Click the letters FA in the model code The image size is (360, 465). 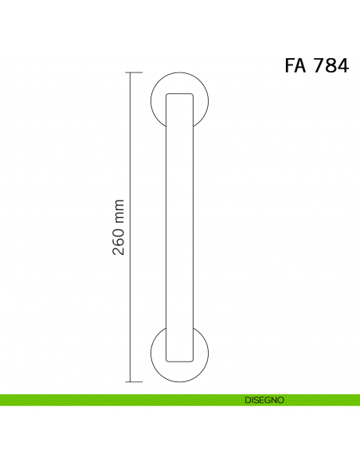296,66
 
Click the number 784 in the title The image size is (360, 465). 331,66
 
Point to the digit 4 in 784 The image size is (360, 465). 343,66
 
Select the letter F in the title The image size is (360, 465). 290,66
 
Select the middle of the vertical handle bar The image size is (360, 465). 179,227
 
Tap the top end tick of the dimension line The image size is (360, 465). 133,72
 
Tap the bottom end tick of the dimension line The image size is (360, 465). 133,381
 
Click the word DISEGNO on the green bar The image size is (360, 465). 264,400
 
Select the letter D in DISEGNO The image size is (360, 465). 248,400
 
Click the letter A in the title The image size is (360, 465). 303,66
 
